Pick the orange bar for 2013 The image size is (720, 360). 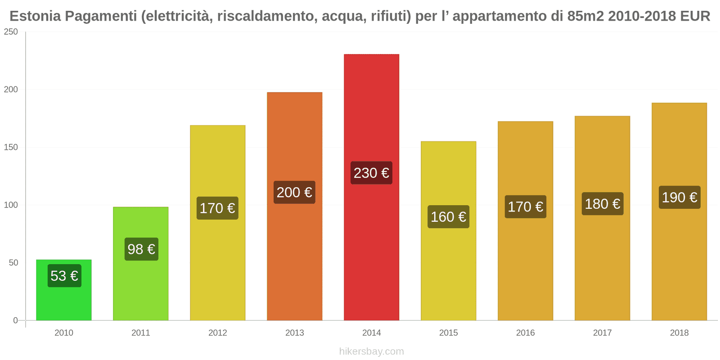coord(295,261)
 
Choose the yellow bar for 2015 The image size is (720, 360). coord(448,270)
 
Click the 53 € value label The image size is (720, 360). coord(64,275)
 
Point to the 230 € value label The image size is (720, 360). coord(371,173)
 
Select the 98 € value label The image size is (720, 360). coord(141,249)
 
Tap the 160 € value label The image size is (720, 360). coord(448,217)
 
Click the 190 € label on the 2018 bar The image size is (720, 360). coord(679,197)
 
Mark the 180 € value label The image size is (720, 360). coord(602,204)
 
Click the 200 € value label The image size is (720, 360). coord(294,192)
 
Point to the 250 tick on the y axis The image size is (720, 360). coord(11,31)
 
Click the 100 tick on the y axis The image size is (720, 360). coord(11,205)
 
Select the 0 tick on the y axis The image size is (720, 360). coord(16,320)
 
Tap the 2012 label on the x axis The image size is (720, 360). coord(218,333)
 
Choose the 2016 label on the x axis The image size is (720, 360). coord(525,333)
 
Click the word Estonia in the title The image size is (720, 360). coord(35,16)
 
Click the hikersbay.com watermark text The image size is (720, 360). coord(371,351)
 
